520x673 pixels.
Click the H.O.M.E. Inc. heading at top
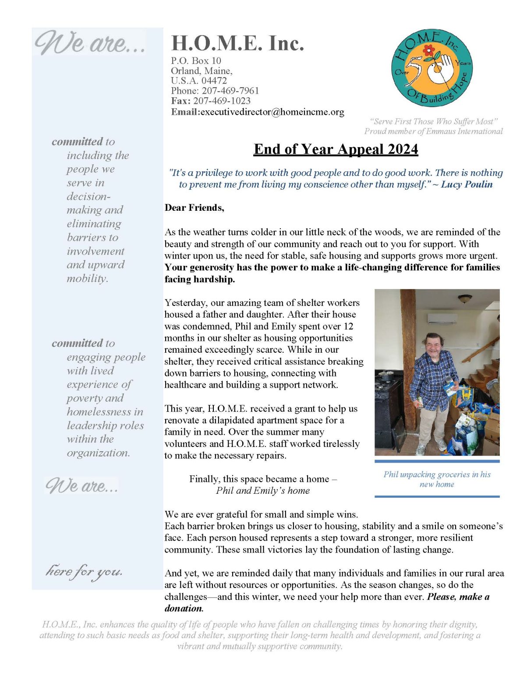(x=237, y=43)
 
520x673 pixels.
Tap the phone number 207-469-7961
(x=230, y=91)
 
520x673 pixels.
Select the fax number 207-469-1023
(x=222, y=101)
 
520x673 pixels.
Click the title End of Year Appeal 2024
(x=336, y=149)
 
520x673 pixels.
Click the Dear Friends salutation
(x=194, y=208)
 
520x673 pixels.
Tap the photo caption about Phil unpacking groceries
(x=437, y=479)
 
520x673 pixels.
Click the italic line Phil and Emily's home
(x=262, y=491)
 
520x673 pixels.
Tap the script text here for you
(x=84, y=571)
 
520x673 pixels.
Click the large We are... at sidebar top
(x=90, y=43)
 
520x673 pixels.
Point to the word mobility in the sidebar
(x=87, y=279)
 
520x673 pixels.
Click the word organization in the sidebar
(x=98, y=453)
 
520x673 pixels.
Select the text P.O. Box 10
(x=196, y=61)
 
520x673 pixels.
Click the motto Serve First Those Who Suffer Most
(x=433, y=121)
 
